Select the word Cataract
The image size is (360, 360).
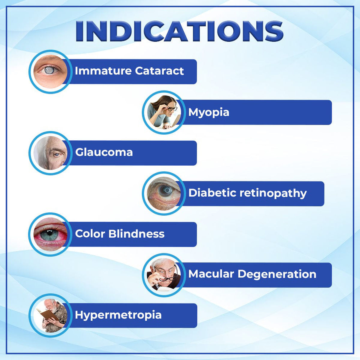click(x=159, y=71)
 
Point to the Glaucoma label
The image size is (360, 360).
click(x=104, y=152)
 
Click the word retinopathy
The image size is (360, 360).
click(x=273, y=193)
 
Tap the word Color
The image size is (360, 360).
click(x=90, y=234)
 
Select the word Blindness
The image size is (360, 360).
click(x=136, y=234)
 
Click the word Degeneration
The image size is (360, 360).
click(x=277, y=274)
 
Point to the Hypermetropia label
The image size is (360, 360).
click(x=118, y=315)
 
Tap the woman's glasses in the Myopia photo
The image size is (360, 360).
click(x=171, y=108)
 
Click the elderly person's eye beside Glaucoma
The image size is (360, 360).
click(x=57, y=154)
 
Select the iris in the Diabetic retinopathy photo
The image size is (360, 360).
click(x=166, y=190)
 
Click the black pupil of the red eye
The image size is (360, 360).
click(x=50, y=232)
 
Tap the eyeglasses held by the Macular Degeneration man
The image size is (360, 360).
click(x=168, y=279)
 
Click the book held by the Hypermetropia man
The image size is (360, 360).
click(x=47, y=314)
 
